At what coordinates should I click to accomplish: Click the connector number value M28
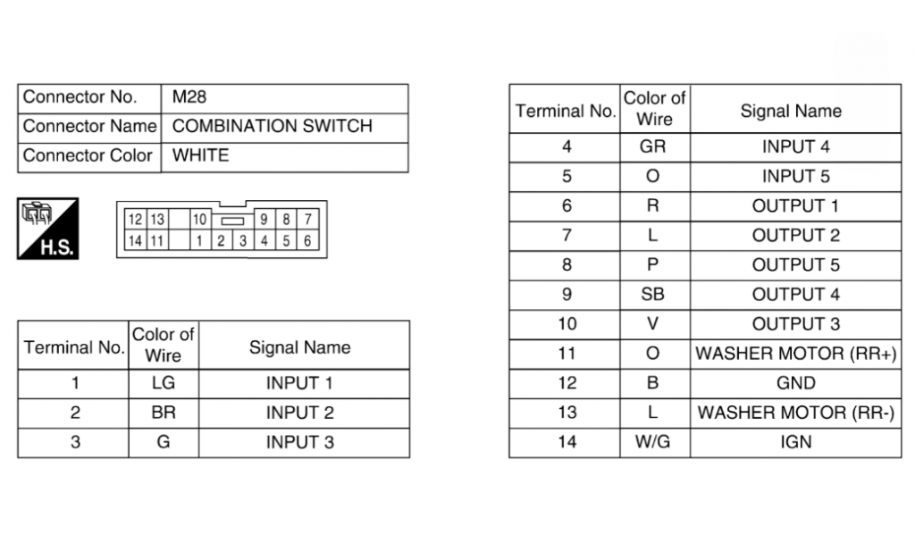pos(189,96)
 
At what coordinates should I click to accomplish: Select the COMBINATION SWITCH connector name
pos(272,126)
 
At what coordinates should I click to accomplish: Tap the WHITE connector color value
pos(200,155)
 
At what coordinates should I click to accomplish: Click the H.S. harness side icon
pos(48,229)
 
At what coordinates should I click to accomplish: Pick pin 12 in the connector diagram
pos(135,220)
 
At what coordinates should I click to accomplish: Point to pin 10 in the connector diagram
pos(199,220)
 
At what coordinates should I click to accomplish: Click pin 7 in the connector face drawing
pos(307,220)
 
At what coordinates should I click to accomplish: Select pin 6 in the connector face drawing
pos(307,241)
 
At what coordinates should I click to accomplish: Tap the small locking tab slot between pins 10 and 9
pos(232,221)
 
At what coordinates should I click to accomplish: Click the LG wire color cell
pos(164,383)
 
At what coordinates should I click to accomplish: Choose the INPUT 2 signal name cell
pos(300,413)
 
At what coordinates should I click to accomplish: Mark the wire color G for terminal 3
pos(164,442)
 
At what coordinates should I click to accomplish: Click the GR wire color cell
pos(652,146)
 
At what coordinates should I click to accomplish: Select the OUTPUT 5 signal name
pos(796,264)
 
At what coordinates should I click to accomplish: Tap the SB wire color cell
pos(652,295)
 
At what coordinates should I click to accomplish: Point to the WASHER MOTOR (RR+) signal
pos(796,354)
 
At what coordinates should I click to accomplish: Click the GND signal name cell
pos(796,383)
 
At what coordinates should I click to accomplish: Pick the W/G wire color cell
pos(652,442)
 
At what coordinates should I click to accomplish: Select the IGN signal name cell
pos(796,442)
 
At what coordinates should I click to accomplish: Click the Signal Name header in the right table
pos(791,111)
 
